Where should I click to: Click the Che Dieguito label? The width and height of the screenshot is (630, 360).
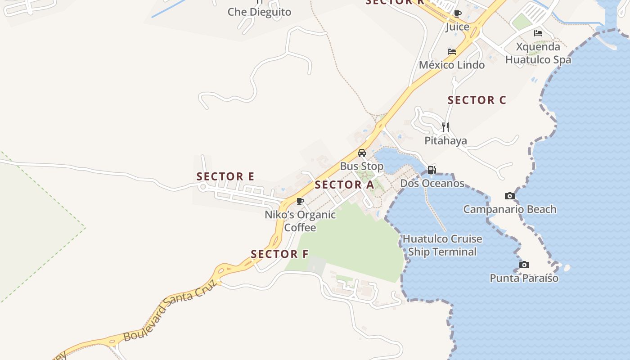259,12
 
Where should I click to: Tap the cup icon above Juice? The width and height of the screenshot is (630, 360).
458,13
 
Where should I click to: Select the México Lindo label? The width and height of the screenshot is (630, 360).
452,65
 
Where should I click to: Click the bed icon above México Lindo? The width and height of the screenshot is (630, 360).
452,52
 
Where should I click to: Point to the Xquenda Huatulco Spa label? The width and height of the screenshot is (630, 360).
538,53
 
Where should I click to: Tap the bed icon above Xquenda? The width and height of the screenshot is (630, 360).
538,33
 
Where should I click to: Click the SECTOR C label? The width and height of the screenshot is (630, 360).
477,100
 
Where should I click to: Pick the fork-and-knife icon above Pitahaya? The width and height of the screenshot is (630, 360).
445,127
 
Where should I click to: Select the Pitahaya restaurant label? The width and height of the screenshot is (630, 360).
445,141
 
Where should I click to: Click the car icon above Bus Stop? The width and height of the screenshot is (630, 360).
362,153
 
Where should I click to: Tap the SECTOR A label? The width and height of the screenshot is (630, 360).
344,184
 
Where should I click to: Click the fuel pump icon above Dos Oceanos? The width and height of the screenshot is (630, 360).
432,170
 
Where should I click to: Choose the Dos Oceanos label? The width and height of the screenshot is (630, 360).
432,183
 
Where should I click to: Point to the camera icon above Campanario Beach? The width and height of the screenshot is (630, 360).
510,196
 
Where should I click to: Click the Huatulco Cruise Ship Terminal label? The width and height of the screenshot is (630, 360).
442,245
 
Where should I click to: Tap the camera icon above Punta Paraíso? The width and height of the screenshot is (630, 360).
524,265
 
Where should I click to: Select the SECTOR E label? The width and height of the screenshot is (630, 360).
225,176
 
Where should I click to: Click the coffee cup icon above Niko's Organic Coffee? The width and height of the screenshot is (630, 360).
300,201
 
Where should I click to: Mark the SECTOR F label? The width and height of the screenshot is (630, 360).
279,254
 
